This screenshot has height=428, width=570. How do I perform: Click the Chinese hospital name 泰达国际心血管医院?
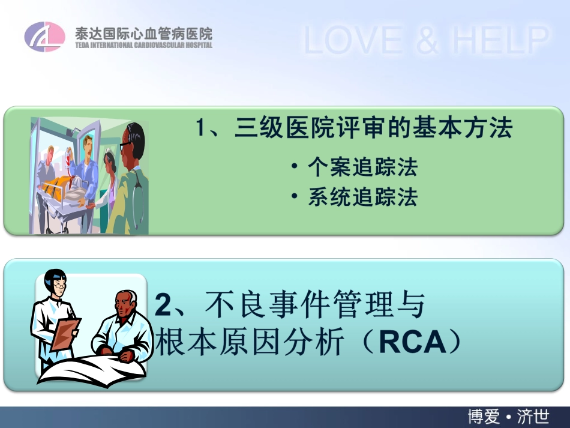coord(143,32)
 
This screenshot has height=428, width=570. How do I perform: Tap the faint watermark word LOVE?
coord(353,40)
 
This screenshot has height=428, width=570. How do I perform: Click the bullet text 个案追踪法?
coord(362,167)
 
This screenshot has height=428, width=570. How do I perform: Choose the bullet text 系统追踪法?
coord(362,197)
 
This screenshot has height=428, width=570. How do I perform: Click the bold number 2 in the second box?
coord(163,305)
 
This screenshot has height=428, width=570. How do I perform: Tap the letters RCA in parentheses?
coord(414,343)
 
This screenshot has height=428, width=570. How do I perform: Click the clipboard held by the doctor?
coord(64,334)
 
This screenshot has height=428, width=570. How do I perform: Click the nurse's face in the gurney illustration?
coord(109,162)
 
